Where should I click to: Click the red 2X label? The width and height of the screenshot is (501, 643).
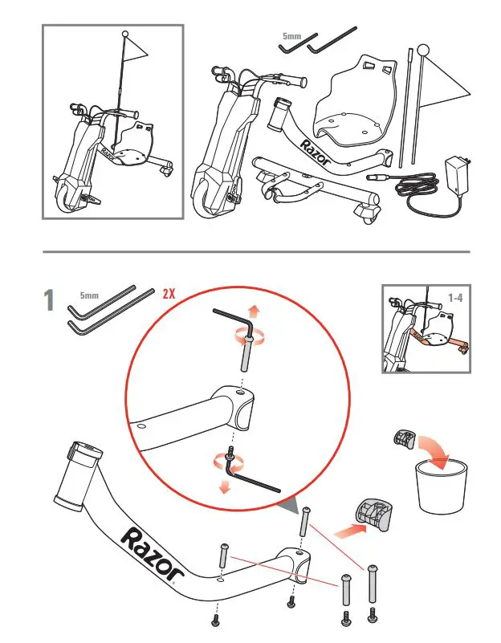[169, 293]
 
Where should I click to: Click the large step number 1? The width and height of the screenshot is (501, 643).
[51, 302]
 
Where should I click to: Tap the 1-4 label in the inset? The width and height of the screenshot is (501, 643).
[455, 297]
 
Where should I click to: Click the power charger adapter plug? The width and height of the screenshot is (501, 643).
[456, 175]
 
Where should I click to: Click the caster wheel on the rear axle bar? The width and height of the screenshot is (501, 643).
[368, 210]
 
